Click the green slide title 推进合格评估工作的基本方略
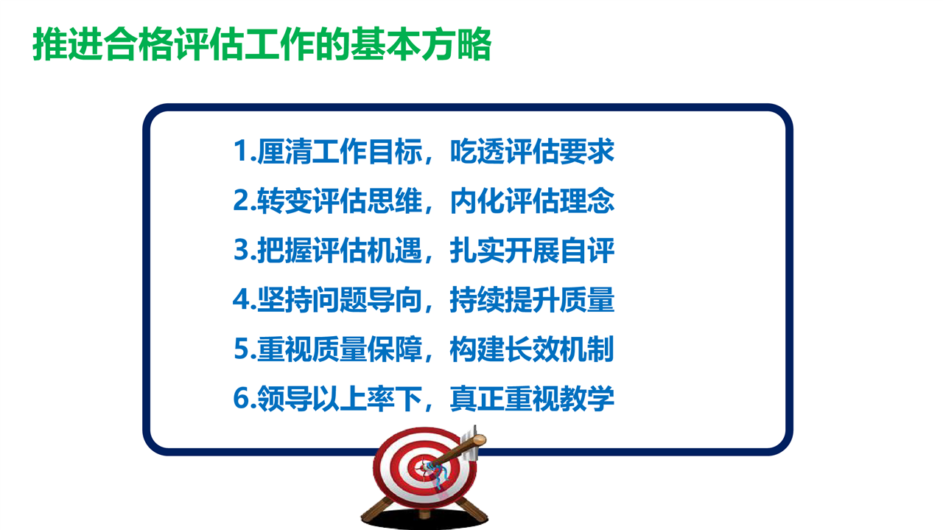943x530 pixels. pos(262,44)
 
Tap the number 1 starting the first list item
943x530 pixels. pos(241,151)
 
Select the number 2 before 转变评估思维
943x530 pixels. pos(242,201)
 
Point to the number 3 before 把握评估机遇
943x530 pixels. pos(242,250)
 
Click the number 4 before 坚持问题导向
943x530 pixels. pos(242,299)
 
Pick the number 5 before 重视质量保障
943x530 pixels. pos(242,349)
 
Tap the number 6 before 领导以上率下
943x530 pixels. pos(242,398)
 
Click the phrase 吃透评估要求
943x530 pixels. pos(532,151)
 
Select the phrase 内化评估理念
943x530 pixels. pos(532,201)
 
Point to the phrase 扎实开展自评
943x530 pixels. pos(532,250)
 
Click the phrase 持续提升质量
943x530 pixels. pos(532,299)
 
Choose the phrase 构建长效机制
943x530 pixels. pos(532,349)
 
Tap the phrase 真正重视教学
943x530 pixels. pos(532,398)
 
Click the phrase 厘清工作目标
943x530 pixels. pos(340,151)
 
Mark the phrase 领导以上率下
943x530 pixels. pos(340,398)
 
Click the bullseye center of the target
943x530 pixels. pos(423,467)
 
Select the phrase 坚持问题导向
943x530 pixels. pos(340,299)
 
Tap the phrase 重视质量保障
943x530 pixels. pos(340,349)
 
